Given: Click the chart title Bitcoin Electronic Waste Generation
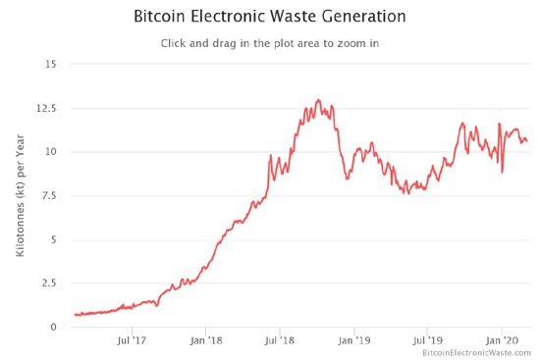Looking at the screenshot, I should click(271, 17).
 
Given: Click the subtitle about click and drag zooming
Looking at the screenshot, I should click(271, 43).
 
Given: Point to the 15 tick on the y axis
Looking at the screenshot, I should click(50, 65).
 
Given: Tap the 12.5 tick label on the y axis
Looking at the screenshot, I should click(46, 109).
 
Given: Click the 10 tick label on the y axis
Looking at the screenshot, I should click(50, 152).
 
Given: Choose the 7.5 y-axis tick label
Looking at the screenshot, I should click(48, 196).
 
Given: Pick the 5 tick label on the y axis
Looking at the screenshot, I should click(53, 239).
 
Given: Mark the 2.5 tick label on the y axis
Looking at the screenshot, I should click(48, 283).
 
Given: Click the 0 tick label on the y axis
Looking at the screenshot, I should click(53, 327).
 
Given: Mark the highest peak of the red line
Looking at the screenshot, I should click(318, 100).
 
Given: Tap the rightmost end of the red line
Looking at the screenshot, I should click(527, 141).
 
